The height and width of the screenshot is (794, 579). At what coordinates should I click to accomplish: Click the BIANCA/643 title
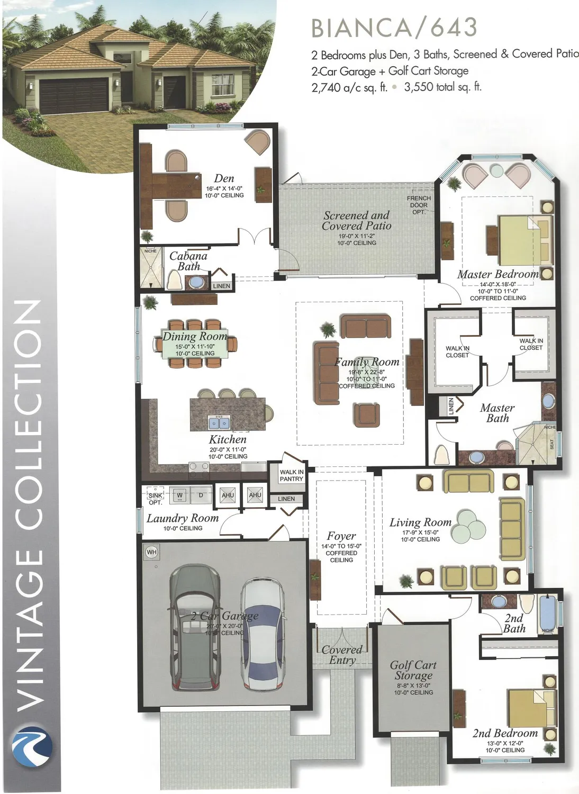click(x=394, y=28)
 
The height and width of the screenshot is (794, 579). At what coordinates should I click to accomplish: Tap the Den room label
click(x=224, y=179)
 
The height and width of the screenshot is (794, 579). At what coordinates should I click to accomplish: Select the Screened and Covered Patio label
click(x=357, y=221)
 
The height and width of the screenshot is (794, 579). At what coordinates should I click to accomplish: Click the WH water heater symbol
click(x=151, y=552)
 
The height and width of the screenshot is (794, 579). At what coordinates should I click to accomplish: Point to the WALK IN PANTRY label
click(x=291, y=475)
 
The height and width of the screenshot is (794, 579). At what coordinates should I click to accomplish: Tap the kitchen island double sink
click(x=219, y=423)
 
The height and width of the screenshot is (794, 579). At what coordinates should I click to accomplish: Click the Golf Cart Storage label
click(x=413, y=670)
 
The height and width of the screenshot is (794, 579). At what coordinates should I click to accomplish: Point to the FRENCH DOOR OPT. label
click(x=419, y=205)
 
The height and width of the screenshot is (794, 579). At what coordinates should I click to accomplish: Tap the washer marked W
click(x=179, y=495)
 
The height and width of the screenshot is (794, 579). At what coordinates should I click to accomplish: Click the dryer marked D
click(x=201, y=495)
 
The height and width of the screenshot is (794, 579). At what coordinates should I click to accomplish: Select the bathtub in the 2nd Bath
click(x=547, y=613)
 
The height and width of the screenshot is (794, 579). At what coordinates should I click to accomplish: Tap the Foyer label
click(x=341, y=536)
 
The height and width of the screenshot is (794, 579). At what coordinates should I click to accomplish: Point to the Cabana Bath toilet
click(x=175, y=279)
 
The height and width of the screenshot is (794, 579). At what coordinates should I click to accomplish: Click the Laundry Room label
click(x=183, y=519)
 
